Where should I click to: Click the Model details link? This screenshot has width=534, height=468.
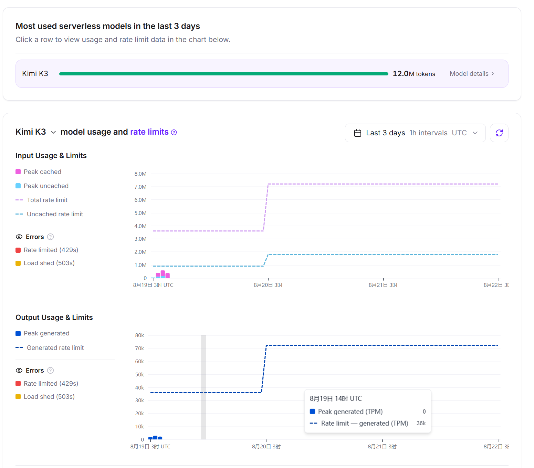click(x=472, y=74)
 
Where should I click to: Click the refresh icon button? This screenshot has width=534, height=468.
click(x=499, y=133)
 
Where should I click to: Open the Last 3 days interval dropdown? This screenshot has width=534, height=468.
click(x=415, y=133)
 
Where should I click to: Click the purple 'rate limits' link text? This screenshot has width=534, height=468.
click(x=149, y=132)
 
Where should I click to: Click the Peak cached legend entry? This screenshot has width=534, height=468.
click(x=39, y=172)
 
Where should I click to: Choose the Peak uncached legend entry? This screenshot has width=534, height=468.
click(x=42, y=186)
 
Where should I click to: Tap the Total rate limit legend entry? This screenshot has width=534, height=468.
click(x=42, y=200)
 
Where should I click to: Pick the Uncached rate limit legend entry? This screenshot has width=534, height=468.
click(x=49, y=214)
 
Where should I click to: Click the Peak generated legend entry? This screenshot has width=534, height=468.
click(x=43, y=333)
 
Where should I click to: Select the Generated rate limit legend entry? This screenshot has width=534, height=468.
click(x=50, y=348)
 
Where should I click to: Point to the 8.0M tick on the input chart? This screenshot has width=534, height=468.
click(x=140, y=174)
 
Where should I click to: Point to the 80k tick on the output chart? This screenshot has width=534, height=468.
click(x=139, y=335)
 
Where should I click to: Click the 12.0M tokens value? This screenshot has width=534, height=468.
click(x=414, y=74)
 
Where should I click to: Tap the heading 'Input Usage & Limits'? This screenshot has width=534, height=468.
click(x=51, y=156)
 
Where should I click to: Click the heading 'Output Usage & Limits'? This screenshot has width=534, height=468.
click(x=54, y=318)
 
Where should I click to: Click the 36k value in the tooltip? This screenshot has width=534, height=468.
click(x=421, y=423)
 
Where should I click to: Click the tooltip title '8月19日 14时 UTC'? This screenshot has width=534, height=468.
click(x=336, y=398)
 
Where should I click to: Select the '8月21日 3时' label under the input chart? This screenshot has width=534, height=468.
click(x=383, y=285)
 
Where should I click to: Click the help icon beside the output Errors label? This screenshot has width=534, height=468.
click(x=51, y=371)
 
